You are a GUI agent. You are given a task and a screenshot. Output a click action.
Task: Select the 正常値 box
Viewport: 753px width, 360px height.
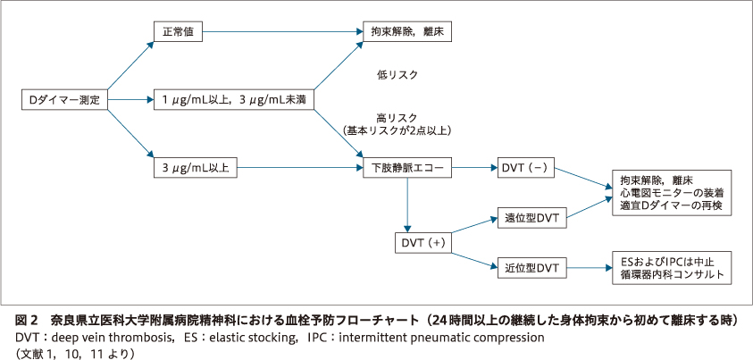click(178, 31)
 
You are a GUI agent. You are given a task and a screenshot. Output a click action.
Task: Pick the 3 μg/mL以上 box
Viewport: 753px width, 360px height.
click(195, 167)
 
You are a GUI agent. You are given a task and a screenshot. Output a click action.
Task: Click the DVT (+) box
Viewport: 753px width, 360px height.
click(423, 242)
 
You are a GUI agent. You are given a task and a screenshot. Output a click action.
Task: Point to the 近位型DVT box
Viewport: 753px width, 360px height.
click(531, 267)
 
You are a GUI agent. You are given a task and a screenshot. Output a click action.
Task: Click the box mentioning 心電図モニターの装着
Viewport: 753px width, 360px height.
click(671, 192)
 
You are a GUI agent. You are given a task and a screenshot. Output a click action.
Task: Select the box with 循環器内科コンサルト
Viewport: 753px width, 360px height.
click(671, 267)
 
